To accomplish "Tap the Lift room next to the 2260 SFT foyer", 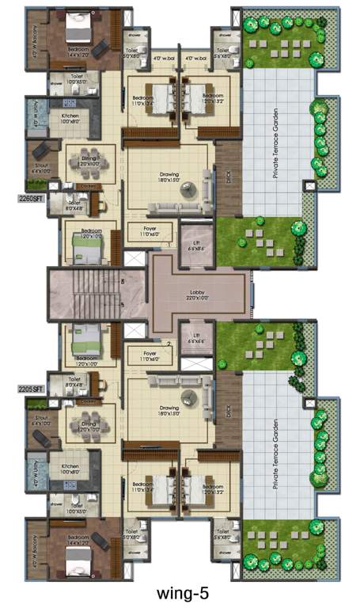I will pos(193,238).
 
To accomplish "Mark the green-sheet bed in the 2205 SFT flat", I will pos(85,338).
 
